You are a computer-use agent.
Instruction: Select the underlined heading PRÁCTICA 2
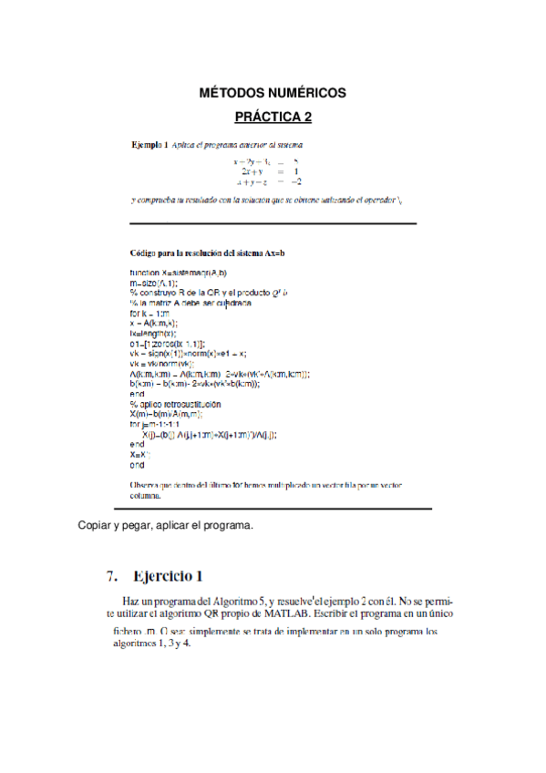[x=273, y=117]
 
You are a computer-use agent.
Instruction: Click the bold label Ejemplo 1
[x=149, y=144]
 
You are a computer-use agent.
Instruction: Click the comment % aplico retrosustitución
[x=175, y=403]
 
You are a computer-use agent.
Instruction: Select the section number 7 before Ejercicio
[x=111, y=575]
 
